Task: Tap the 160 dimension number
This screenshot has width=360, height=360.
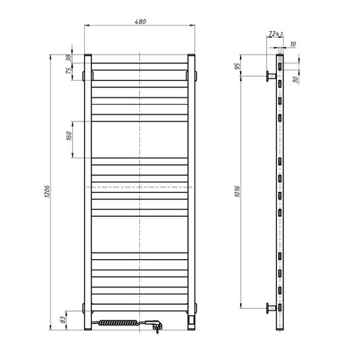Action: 70,137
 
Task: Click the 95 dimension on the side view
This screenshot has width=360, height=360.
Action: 239,64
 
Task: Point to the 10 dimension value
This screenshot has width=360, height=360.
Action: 294,45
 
